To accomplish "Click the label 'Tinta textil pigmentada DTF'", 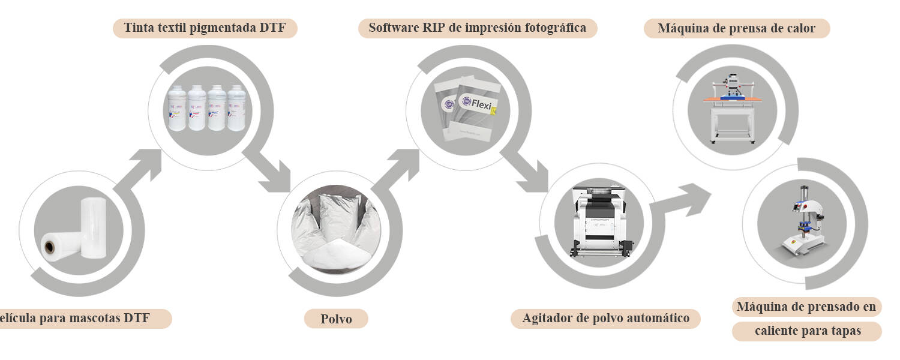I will point(205,28).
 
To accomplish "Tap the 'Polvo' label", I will point(335,319).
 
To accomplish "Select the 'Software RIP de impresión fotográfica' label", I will point(478,28).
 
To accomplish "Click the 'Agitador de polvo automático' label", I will point(605,318).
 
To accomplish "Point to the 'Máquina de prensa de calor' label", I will point(736,28).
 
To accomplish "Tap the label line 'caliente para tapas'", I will point(807,331).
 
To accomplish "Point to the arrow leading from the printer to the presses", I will point(684,201).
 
